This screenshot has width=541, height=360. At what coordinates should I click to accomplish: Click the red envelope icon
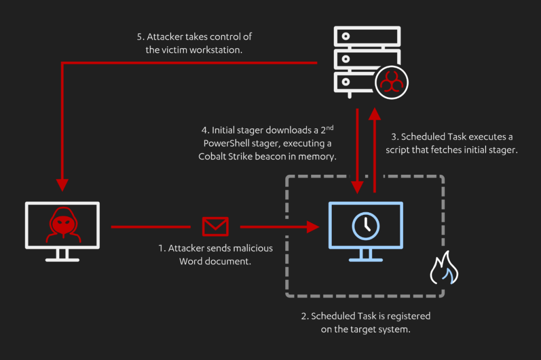(x=215, y=226)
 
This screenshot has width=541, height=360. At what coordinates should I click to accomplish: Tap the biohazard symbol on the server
(x=391, y=82)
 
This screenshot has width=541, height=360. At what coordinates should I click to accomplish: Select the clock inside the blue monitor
(x=366, y=226)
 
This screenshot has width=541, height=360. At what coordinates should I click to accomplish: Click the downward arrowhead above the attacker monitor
(x=63, y=184)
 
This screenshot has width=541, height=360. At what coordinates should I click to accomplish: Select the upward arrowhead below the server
(x=374, y=113)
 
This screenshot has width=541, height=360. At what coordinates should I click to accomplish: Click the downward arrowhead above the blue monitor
(x=357, y=186)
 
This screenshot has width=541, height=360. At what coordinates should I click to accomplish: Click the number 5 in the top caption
(x=139, y=38)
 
